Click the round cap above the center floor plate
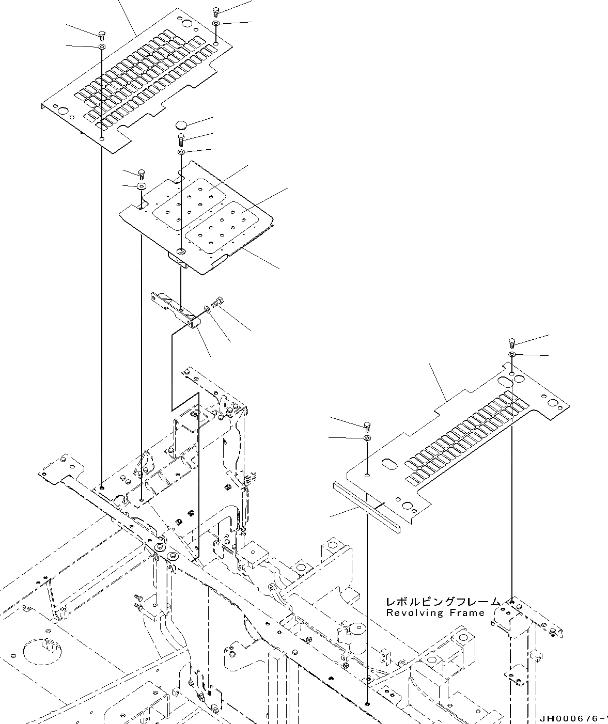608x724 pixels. tap(181, 124)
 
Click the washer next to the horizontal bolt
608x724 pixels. tap(207, 309)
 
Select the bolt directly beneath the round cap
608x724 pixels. tap(181, 138)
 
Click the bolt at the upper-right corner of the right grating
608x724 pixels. tap(511, 342)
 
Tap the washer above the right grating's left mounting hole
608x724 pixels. tap(367, 438)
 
